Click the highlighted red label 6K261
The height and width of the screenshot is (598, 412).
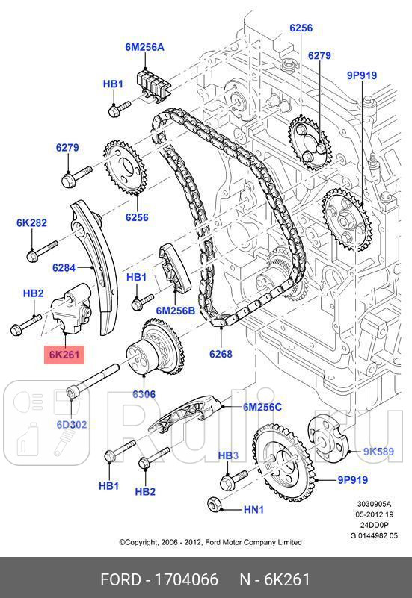(x=65, y=355)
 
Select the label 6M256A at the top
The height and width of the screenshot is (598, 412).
(x=144, y=47)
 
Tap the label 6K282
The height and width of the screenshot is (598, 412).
(x=31, y=222)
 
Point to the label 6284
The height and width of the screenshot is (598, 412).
(x=65, y=267)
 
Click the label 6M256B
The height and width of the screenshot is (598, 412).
(x=175, y=309)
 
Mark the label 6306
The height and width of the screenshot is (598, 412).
(x=144, y=393)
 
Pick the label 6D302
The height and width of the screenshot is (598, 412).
(x=72, y=424)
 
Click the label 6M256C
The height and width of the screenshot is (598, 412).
(x=262, y=407)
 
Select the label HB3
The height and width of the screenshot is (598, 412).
(x=228, y=455)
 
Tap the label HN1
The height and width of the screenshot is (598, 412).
(x=253, y=510)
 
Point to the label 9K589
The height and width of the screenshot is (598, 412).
(x=379, y=451)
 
